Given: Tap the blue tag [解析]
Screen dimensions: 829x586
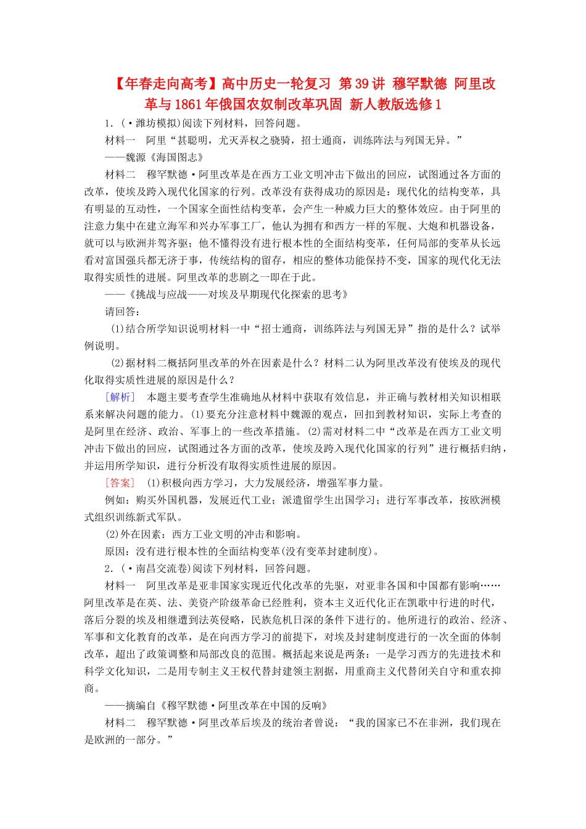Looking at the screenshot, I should coord(120,397).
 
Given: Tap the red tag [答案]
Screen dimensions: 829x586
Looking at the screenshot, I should coord(120,483).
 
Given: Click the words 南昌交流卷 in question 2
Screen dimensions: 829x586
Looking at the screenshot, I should coord(162,569).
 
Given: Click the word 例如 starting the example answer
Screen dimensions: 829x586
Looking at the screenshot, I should coord(115,500).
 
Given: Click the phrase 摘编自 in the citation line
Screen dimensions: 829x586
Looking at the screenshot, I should coord(141,706).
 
